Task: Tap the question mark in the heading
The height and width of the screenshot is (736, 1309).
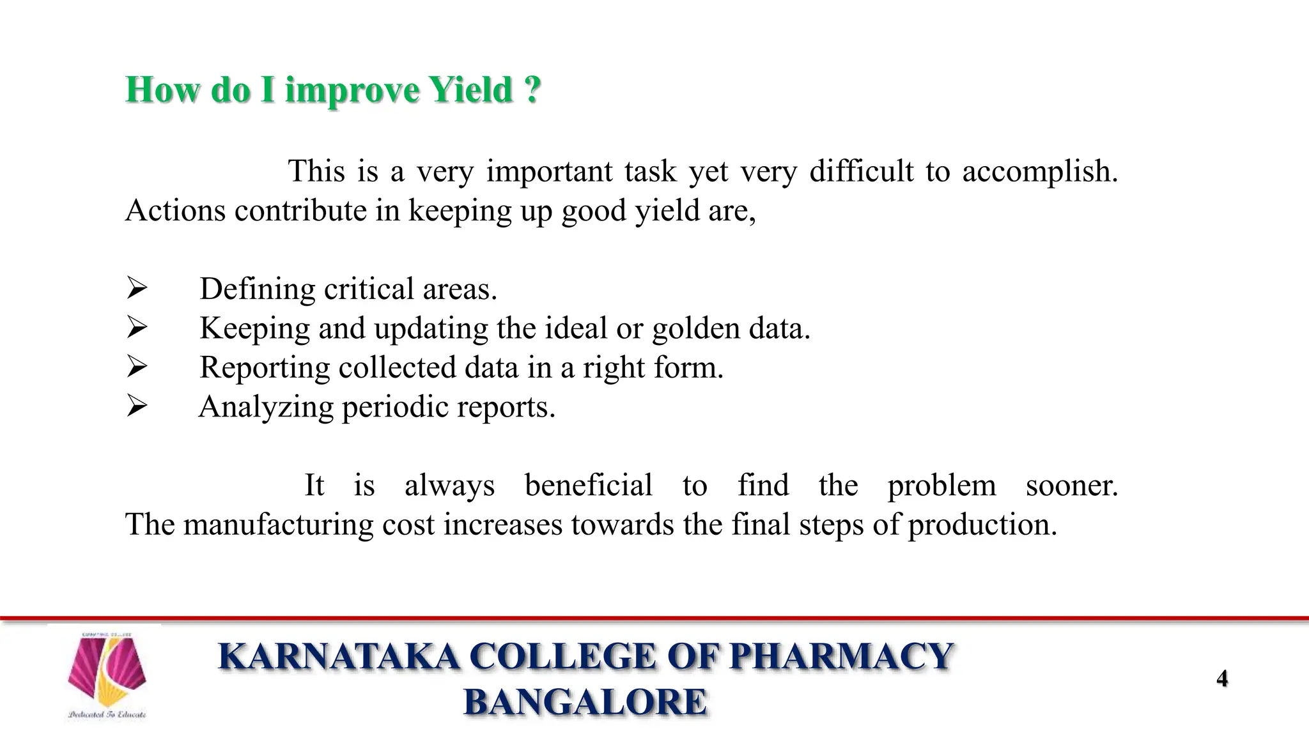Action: click(532, 89)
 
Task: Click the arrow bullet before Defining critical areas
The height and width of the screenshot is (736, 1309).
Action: click(137, 288)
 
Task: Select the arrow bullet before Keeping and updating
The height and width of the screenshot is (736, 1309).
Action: click(137, 328)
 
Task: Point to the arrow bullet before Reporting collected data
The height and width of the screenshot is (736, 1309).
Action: click(137, 367)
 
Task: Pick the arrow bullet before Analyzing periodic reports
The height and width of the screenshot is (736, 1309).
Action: click(137, 406)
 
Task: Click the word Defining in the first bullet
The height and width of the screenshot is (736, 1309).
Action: click(257, 289)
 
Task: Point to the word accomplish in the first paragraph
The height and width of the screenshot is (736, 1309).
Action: click(1039, 172)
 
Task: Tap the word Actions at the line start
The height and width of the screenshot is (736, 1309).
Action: click(175, 211)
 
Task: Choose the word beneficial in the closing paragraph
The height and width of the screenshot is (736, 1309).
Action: click(588, 486)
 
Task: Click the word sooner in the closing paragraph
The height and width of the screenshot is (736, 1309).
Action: click(1071, 486)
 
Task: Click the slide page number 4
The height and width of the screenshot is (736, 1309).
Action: click(1222, 678)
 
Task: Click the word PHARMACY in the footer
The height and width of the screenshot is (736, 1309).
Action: click(841, 657)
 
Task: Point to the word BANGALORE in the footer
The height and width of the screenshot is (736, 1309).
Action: click(585, 701)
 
